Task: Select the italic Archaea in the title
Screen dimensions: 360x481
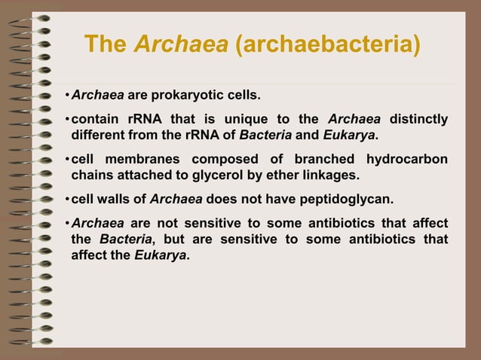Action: point(182,44)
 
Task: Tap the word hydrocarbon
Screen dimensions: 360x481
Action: point(407,160)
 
